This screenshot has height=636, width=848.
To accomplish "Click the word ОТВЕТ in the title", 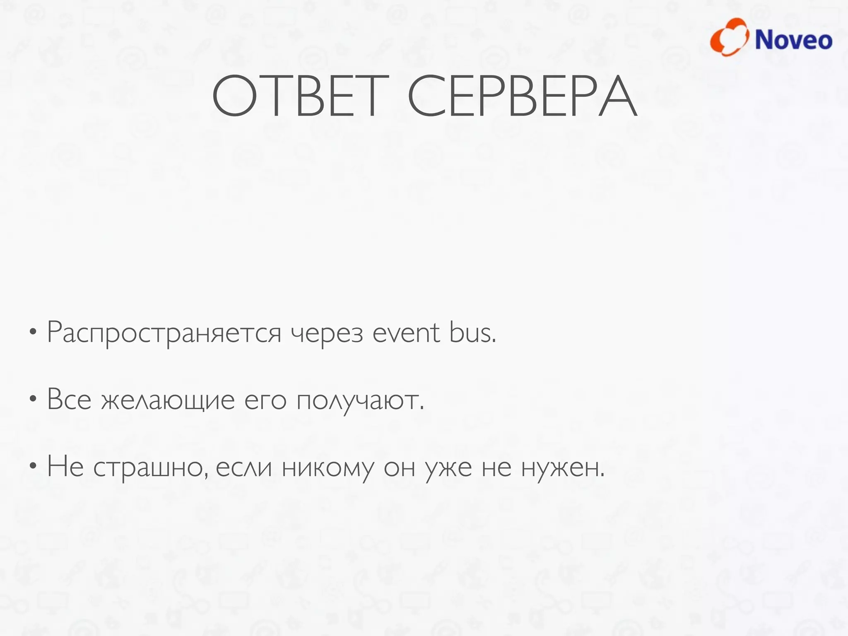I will click(301, 96).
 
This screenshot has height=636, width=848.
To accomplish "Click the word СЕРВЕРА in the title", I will click(523, 96).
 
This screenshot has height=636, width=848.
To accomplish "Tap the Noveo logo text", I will click(793, 40).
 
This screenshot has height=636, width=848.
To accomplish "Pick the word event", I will click(406, 332).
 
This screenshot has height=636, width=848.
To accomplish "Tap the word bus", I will click(472, 332).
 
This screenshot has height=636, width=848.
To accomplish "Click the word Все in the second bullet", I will click(69, 400).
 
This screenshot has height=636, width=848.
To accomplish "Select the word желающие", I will click(168, 401).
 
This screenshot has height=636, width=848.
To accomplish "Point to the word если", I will click(243, 467).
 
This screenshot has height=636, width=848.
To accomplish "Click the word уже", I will click(448, 469).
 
